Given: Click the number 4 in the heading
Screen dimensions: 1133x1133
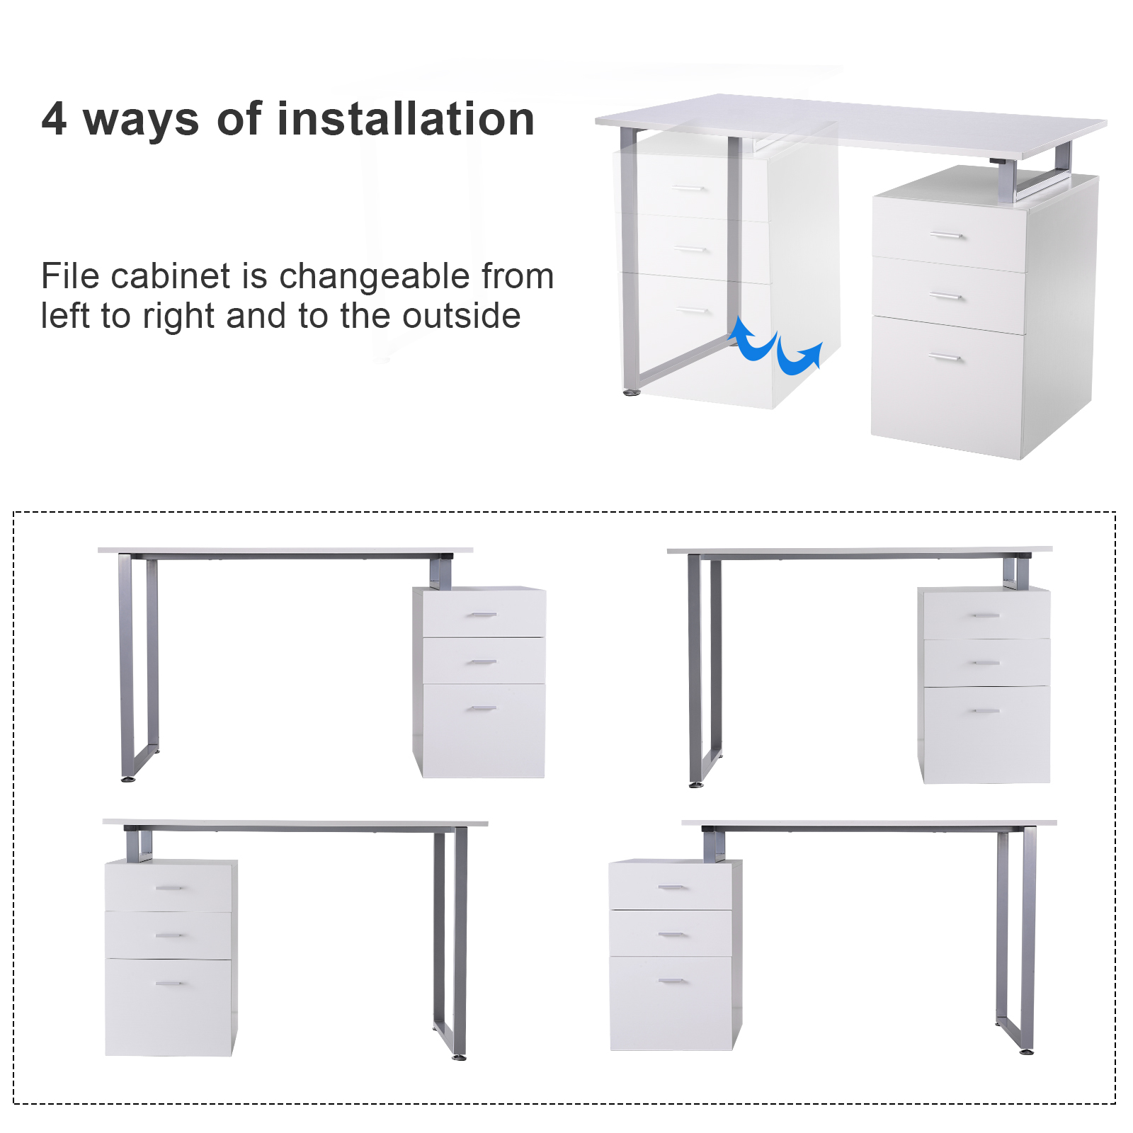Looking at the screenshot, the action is (x=54, y=119).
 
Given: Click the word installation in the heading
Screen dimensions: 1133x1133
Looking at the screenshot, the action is (x=406, y=118).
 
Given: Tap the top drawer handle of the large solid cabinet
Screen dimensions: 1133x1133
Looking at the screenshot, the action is (x=947, y=236).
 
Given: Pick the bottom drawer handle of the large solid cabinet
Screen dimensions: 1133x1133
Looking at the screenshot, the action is (x=945, y=358).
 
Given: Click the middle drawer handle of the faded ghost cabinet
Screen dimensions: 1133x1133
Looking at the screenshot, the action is (x=692, y=249).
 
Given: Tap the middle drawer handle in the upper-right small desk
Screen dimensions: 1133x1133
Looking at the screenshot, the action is (x=986, y=663).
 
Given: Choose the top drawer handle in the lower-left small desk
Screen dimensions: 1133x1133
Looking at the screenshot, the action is (x=169, y=887).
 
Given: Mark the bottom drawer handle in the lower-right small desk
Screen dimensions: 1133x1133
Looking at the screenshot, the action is (x=673, y=981).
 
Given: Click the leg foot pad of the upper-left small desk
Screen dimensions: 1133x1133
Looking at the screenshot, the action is (x=128, y=779).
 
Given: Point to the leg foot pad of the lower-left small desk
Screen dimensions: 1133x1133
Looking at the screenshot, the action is (x=459, y=1057).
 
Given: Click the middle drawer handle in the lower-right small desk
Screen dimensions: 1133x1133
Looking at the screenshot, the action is (x=673, y=935).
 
